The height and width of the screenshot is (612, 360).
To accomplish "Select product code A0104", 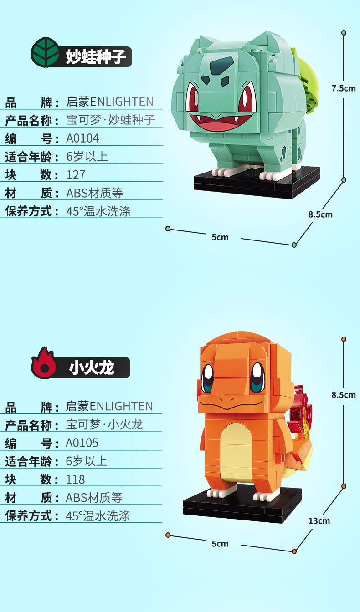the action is pos(82,138).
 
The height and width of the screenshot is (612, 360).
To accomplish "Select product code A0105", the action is pos(82,443).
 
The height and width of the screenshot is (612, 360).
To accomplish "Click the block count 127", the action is pos(76,175).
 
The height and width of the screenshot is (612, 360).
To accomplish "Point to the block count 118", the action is pos(75,479).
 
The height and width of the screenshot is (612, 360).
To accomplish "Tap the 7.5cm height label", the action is pos(344,88).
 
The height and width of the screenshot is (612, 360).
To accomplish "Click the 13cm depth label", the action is pos(319,521).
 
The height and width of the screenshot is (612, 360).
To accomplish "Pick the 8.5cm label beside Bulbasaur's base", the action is pos(320,214).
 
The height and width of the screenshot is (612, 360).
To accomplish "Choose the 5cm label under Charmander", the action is pos(220,544).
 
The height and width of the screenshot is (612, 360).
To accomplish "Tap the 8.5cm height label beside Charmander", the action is pos(344,395).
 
